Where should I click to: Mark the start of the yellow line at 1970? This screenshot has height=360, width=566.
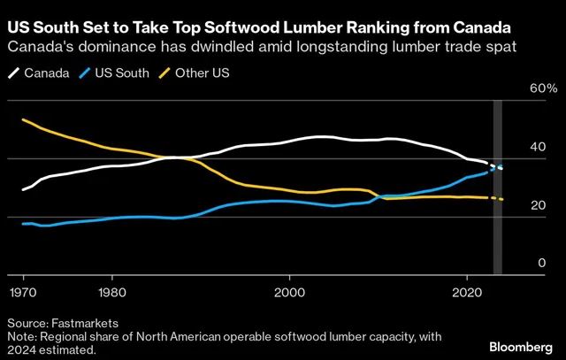point(23,119)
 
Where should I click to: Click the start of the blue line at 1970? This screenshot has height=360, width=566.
point(23,224)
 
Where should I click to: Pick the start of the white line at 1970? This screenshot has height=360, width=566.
point(23,190)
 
